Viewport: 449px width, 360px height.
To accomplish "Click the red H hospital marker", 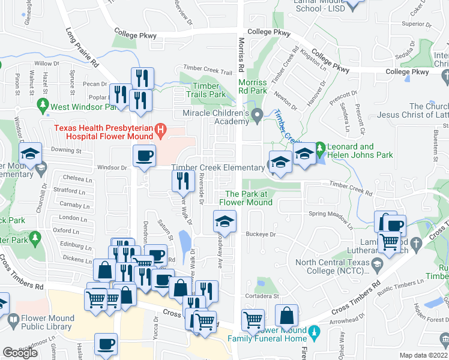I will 160,128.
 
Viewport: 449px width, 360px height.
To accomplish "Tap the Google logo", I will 20,353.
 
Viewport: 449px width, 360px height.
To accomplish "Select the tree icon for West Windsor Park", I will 43,107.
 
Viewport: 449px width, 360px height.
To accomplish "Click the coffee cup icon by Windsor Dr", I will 144,156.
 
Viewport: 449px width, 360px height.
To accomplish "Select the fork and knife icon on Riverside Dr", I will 184,182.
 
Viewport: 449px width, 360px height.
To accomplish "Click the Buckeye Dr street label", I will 263,235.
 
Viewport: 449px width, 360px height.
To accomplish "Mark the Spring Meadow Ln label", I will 331,218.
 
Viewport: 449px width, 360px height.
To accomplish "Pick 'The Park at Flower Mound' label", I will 249,198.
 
